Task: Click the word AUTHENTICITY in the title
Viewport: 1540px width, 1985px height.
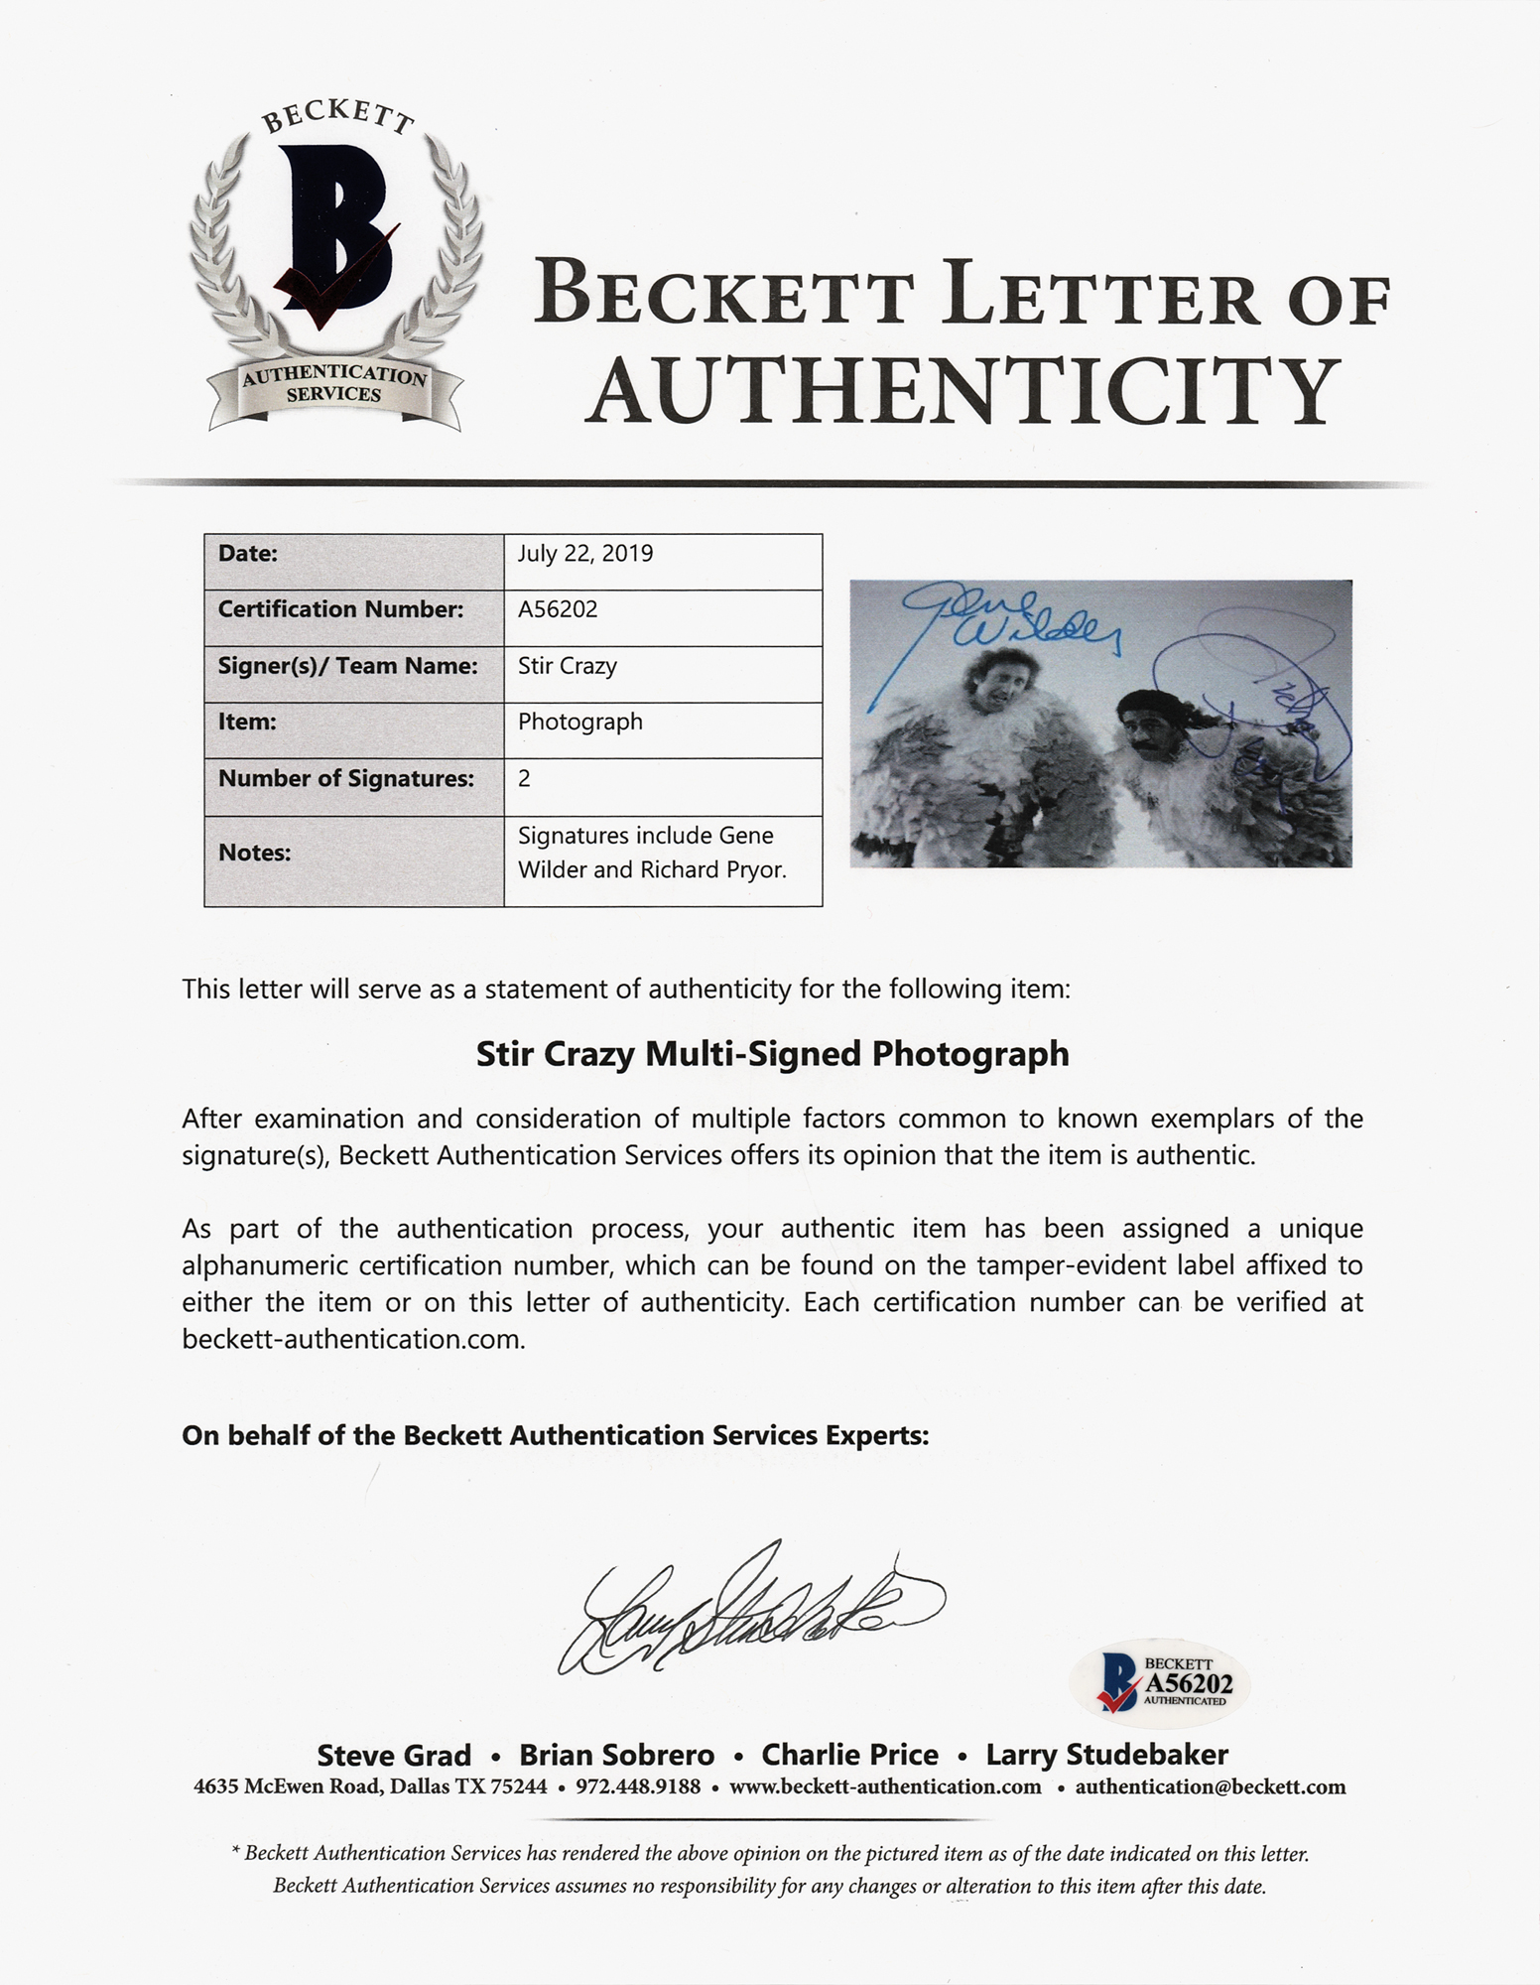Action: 962,390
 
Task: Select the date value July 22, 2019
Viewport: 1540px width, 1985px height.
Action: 585,554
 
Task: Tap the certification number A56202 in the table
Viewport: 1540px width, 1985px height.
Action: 558,609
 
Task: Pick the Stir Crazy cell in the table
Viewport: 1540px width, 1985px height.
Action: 567,666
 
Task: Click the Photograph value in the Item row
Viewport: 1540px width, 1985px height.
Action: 579,722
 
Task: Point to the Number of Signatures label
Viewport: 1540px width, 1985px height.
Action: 345,779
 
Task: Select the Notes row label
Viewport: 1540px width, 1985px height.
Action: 254,853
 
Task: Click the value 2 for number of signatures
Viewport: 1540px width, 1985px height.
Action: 524,779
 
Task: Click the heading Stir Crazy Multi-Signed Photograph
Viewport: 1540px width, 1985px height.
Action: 772,1054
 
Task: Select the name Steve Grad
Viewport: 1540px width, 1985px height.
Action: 394,1755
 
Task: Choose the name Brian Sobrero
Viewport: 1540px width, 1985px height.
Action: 617,1755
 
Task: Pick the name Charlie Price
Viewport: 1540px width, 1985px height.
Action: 849,1755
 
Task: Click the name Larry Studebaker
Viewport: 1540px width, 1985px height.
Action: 1106,1755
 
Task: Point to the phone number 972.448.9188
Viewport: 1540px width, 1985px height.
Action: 638,1787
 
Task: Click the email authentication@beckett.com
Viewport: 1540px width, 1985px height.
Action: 1210,1787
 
